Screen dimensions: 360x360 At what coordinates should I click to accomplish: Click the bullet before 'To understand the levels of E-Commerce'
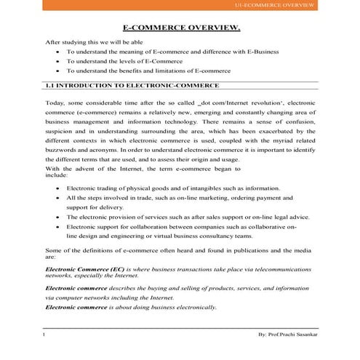[x=57, y=63]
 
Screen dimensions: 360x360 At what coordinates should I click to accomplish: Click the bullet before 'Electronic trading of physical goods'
[x=57, y=188]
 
